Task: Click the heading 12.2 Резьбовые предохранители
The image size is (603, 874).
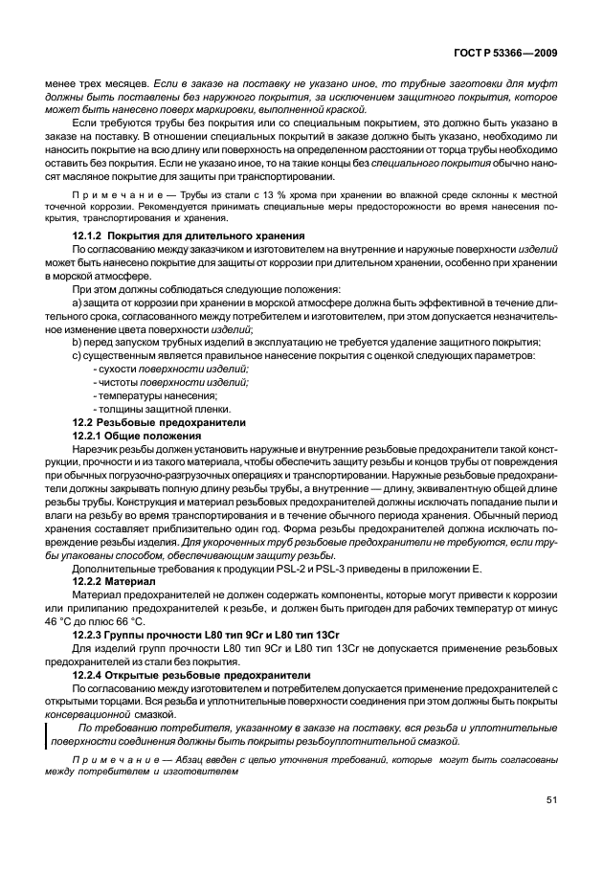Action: tap(160, 422)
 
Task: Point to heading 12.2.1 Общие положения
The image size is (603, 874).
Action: tap(137, 436)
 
